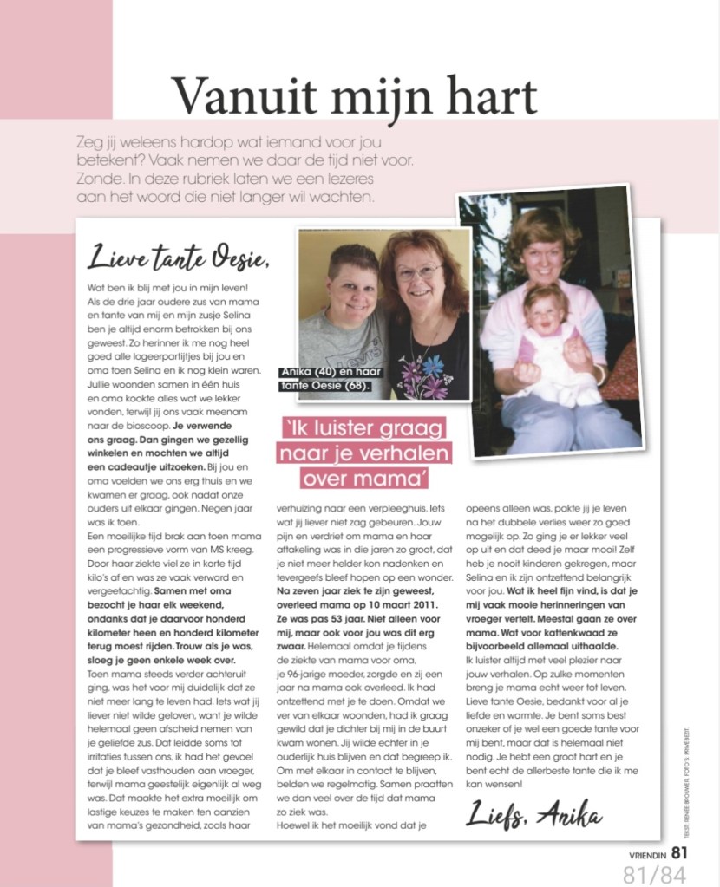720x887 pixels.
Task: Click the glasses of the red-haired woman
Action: tap(419, 271)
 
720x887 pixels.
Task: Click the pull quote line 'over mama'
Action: tap(359, 478)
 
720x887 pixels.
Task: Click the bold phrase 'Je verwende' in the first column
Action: tap(203, 427)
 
